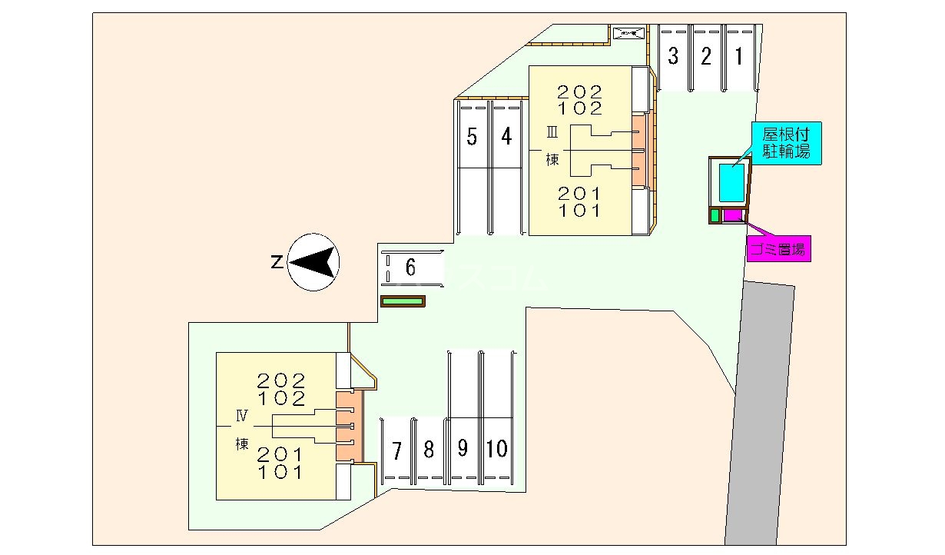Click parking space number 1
click(x=739, y=57)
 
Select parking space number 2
click(x=706, y=57)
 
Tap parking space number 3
click(x=673, y=57)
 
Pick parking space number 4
click(x=506, y=137)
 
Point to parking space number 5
click(x=472, y=137)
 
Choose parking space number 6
click(x=411, y=268)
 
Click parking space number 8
click(x=429, y=450)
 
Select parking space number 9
click(x=463, y=449)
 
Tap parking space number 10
click(x=497, y=449)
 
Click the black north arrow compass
click(x=313, y=262)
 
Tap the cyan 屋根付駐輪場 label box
click(x=787, y=142)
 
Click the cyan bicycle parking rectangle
click(x=731, y=182)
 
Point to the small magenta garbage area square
click(x=731, y=215)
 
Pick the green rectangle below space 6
click(x=403, y=301)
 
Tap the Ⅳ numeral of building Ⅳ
click(x=242, y=417)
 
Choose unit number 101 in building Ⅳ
click(x=282, y=472)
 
